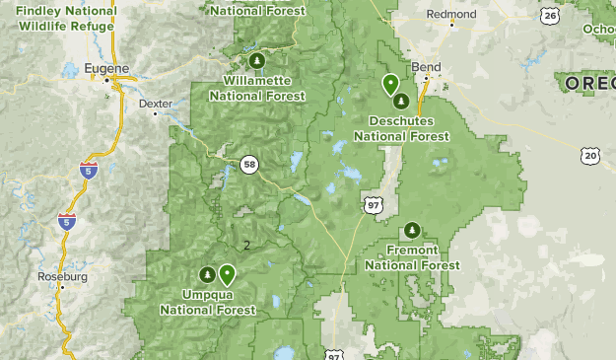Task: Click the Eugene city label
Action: point(107,68)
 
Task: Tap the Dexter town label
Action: point(155,103)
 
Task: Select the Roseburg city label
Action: point(62,277)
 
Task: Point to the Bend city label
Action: point(427,67)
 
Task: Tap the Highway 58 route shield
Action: point(250,165)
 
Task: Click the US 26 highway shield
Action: point(549,16)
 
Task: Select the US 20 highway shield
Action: point(589,155)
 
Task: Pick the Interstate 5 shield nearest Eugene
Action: point(89,171)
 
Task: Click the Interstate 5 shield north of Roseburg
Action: point(67,222)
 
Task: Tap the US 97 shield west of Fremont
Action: point(372,205)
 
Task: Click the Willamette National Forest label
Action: point(255,88)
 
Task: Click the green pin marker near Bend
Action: point(390,84)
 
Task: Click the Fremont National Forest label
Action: point(412,257)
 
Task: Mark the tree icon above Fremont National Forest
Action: point(412,230)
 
